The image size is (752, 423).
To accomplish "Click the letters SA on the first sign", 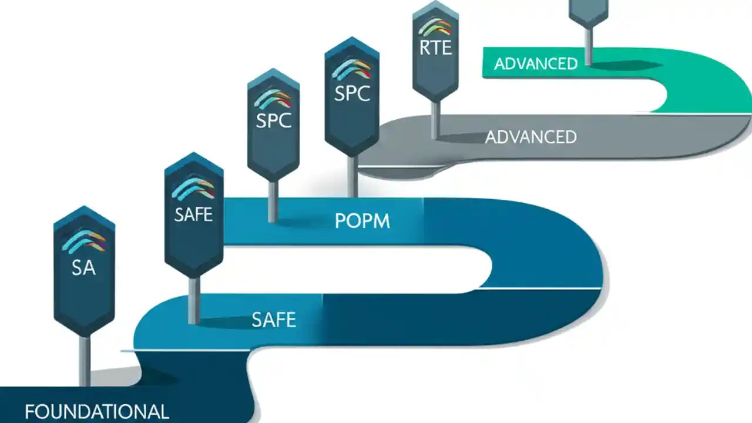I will coord(83,268).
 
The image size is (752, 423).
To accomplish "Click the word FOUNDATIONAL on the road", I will coord(97,411).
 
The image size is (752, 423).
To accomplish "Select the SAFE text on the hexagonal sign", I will coord(193,214).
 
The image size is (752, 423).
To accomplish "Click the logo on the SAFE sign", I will coord(193,189).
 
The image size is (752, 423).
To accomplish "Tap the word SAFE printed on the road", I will coord(274,320).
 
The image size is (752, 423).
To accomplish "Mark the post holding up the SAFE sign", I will coord(193,300).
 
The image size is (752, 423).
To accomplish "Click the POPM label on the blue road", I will coord(362,221).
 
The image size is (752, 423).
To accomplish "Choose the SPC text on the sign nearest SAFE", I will coord(274,120).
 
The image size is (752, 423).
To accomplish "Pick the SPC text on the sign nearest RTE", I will coord(352,93).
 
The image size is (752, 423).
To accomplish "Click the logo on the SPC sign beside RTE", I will coord(351,69).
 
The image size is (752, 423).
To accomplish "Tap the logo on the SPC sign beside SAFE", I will coord(273,98).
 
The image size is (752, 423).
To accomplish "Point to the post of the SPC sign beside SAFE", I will coord(273,201).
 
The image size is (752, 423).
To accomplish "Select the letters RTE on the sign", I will coord(435,48).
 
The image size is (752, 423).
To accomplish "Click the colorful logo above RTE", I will coord(435,27).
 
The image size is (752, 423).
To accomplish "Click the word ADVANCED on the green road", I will coord(536,64).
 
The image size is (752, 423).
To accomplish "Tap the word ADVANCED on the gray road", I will coord(531,137).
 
